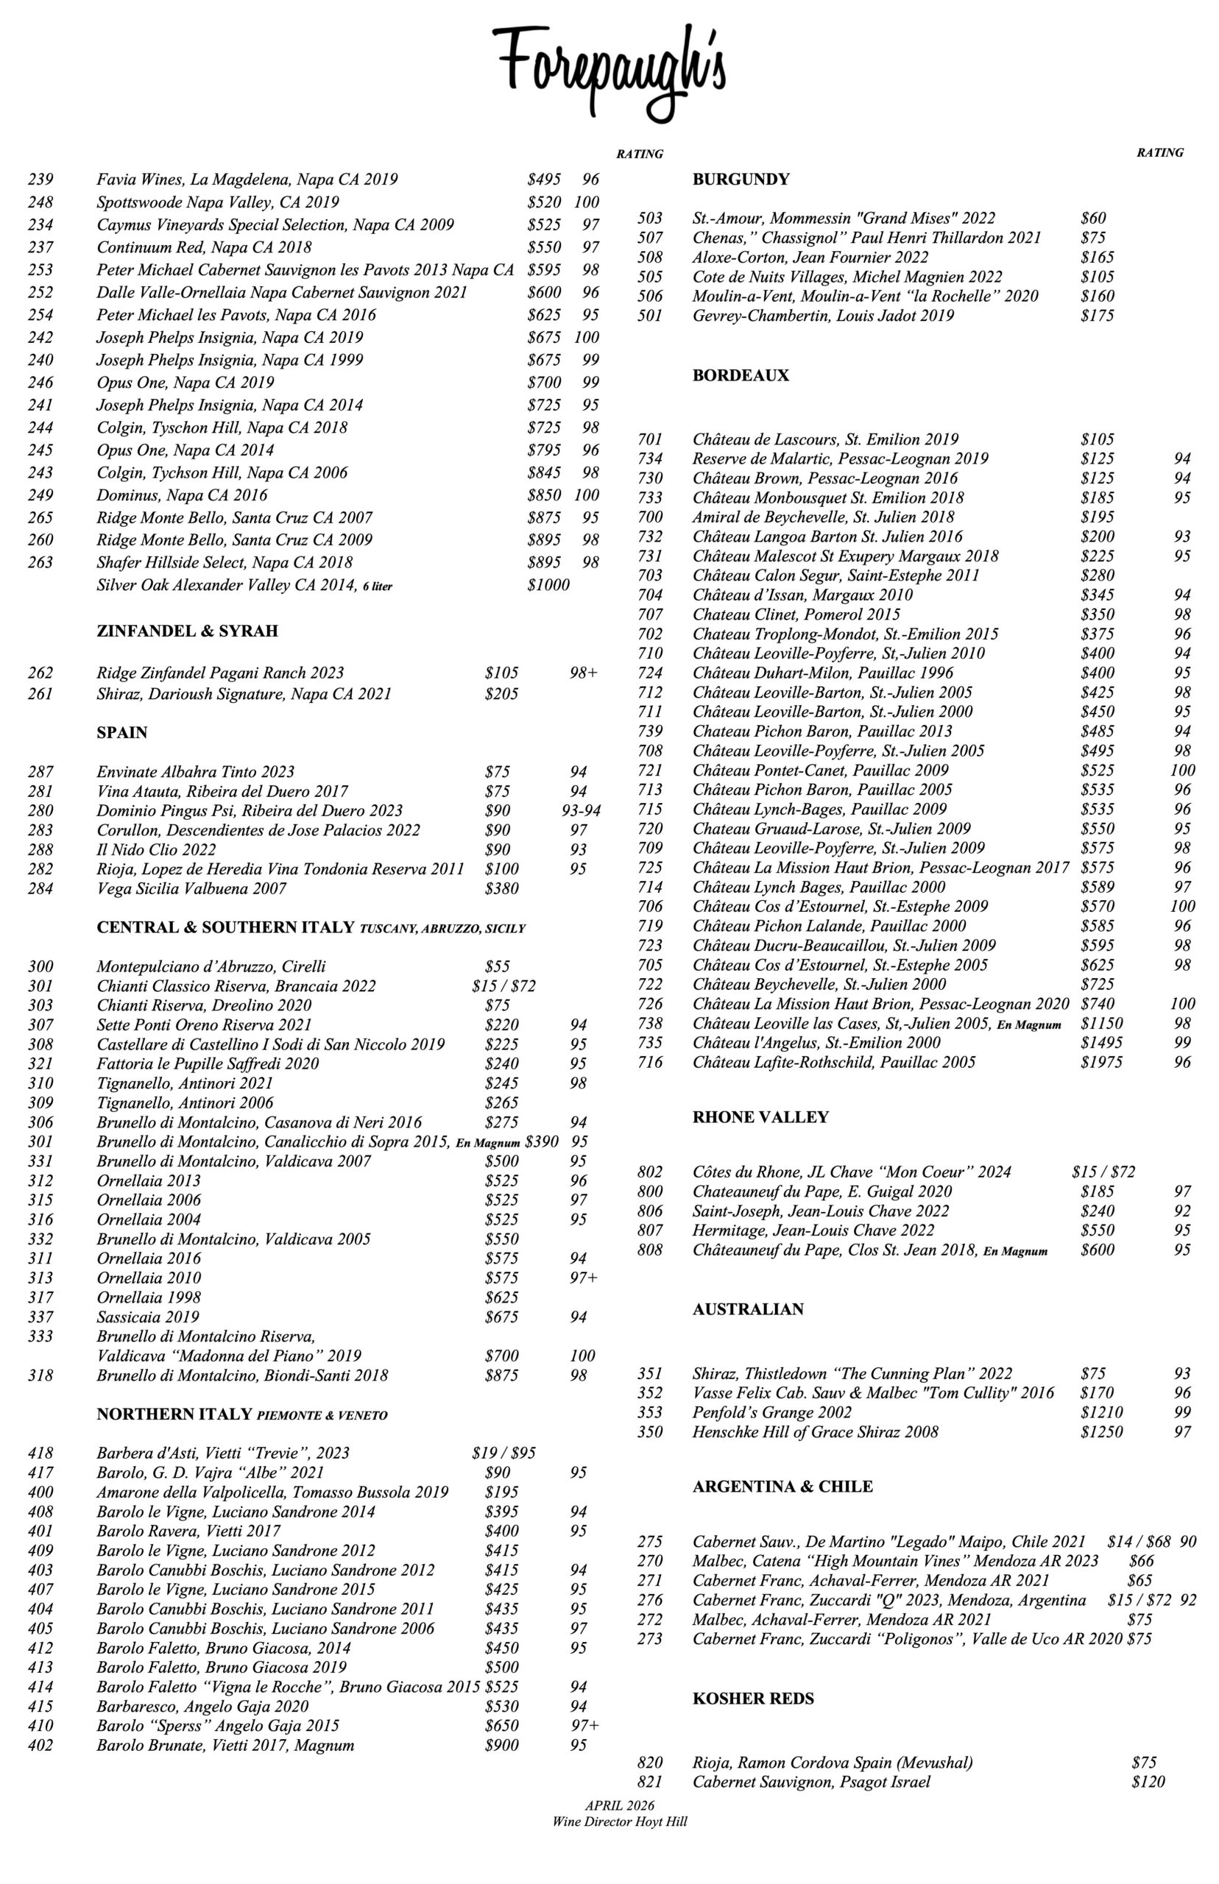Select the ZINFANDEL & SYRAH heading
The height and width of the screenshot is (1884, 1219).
tap(187, 631)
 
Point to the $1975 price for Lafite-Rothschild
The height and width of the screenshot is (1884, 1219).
tap(1101, 1063)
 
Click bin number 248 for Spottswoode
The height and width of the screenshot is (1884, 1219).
tap(40, 202)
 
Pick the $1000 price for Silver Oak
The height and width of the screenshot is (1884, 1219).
tap(548, 586)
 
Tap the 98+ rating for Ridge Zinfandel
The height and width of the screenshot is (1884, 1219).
tap(584, 673)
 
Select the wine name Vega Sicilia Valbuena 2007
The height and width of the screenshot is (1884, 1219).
tap(191, 888)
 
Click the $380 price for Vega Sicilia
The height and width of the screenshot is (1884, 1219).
tap(501, 888)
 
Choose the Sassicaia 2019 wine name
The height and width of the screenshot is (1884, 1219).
tap(148, 1317)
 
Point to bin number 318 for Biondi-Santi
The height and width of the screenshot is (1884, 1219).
tap(40, 1376)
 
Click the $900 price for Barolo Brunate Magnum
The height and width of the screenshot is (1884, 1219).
tap(501, 1746)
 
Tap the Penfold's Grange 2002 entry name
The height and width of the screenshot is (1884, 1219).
tap(771, 1412)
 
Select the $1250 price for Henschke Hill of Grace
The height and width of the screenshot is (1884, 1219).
tap(1101, 1432)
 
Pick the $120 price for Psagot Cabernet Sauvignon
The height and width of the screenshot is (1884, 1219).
tap(1148, 1782)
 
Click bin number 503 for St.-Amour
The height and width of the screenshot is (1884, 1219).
tap(650, 219)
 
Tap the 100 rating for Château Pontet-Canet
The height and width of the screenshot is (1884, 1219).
tap(1183, 771)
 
